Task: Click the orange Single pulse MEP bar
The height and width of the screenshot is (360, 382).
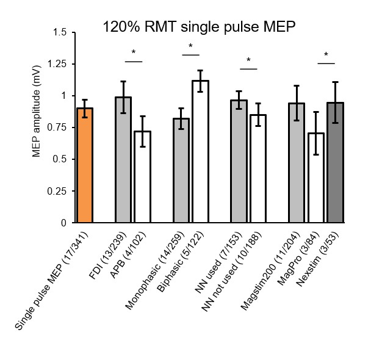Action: [x=85, y=165]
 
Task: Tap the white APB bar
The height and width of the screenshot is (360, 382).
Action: [x=142, y=177]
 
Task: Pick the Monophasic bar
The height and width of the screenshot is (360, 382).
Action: [x=181, y=170]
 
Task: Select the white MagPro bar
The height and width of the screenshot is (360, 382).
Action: [x=315, y=178]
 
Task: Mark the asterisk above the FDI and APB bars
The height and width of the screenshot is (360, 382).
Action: [x=134, y=54]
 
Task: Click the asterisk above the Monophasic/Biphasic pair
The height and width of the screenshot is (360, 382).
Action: [x=190, y=47]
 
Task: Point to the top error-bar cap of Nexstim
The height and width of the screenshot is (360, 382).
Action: [x=335, y=82]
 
